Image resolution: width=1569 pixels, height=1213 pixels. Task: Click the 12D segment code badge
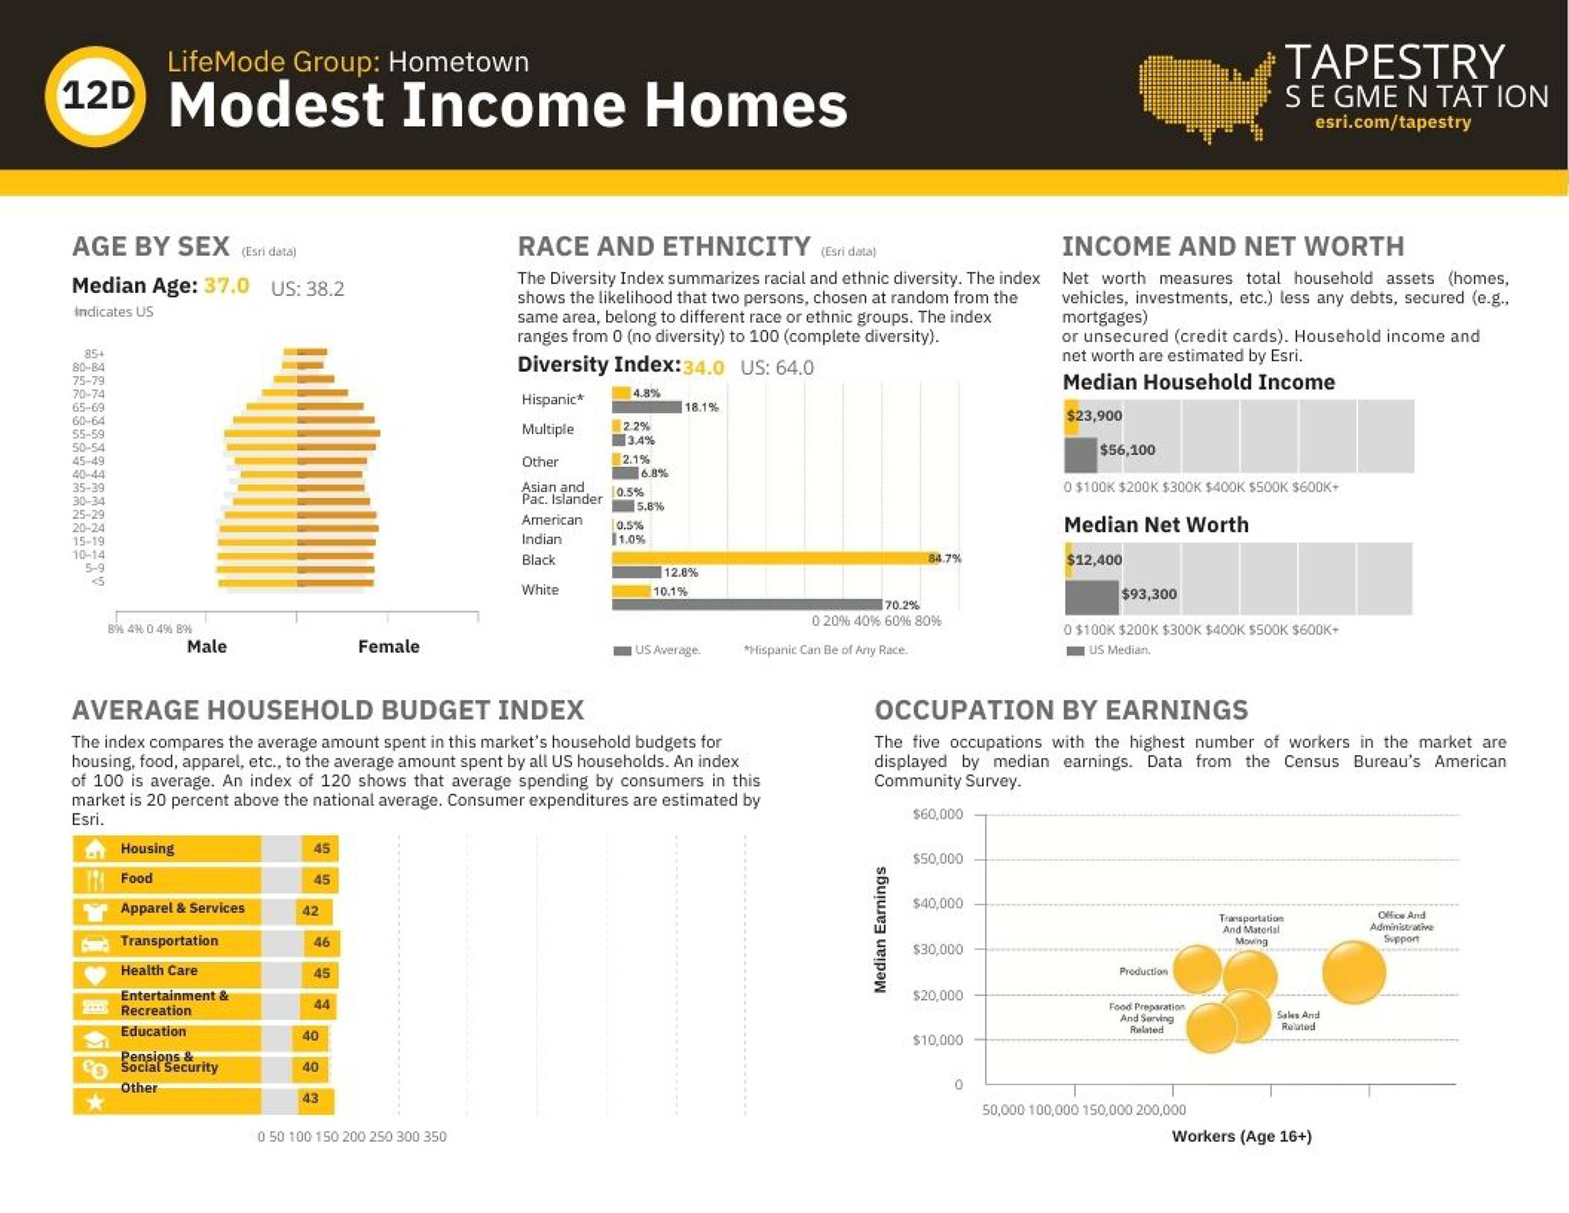(96, 97)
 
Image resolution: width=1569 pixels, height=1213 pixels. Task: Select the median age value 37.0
(226, 286)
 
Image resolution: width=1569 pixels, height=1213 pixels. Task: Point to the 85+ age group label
(94, 354)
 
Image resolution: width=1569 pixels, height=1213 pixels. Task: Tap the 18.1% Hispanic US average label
(701, 408)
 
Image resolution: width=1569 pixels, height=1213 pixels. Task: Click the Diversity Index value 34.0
(703, 368)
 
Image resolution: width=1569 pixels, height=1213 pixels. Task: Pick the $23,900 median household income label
(1094, 416)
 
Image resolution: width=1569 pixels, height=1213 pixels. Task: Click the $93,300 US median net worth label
(1149, 594)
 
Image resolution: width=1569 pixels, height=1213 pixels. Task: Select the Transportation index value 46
(321, 942)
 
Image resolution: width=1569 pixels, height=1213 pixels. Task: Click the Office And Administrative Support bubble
(1354, 972)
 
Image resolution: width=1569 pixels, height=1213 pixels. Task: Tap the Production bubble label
(1143, 972)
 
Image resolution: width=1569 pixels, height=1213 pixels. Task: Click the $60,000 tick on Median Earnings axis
(937, 814)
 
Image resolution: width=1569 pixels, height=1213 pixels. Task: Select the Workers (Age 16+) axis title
(1242, 1136)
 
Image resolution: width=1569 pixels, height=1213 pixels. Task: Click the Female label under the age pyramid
(389, 647)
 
